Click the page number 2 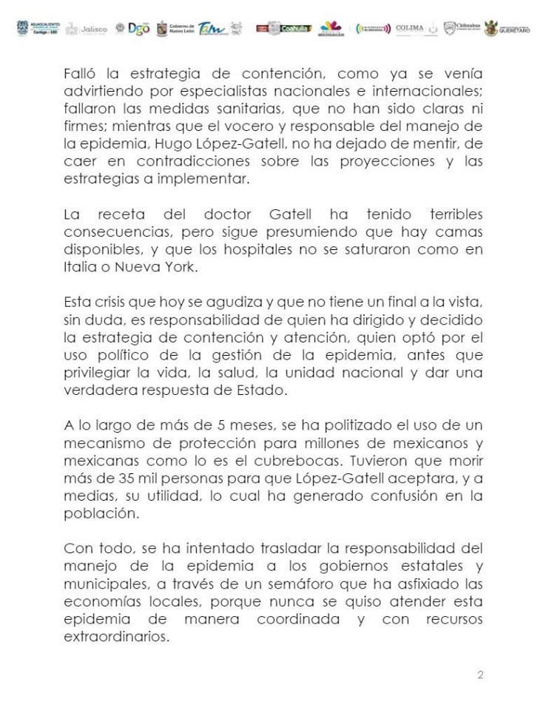[480, 674]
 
